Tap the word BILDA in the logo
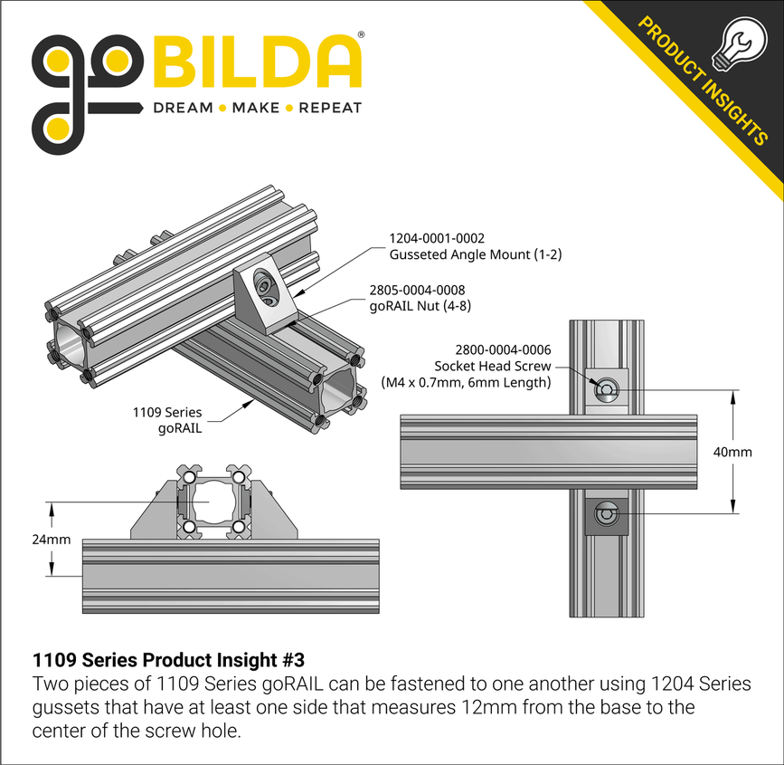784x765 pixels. coord(260,61)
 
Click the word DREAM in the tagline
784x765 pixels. coord(183,108)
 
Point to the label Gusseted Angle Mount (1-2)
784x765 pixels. coord(475,254)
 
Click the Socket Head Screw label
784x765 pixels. coord(492,366)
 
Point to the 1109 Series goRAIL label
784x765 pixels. coord(167,420)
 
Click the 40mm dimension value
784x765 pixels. coord(732,452)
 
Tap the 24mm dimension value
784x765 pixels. coord(51,540)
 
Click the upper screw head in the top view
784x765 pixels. coord(607,390)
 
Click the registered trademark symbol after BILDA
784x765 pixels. coord(361,34)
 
